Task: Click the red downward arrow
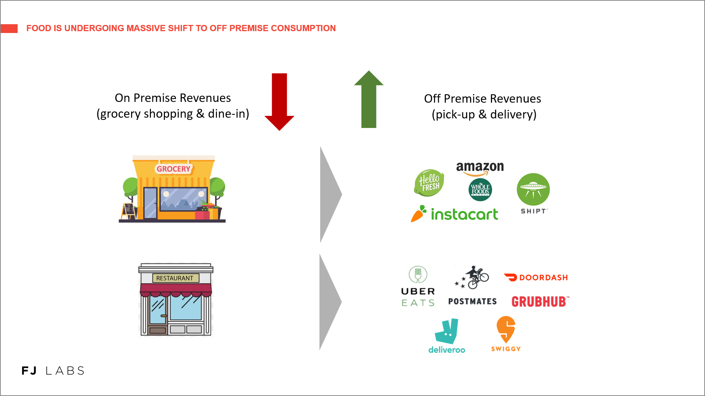pyautogui.click(x=279, y=102)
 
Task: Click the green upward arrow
pyautogui.click(x=369, y=99)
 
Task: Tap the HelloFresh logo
pyautogui.click(x=429, y=183)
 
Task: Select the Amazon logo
pyautogui.click(x=480, y=169)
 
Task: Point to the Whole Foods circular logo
pyautogui.click(x=480, y=190)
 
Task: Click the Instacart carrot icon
pyautogui.click(x=419, y=213)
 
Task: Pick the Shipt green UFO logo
pyautogui.click(x=533, y=189)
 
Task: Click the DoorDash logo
pyautogui.click(x=536, y=278)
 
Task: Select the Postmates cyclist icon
pyautogui.click(x=472, y=277)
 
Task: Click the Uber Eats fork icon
pyautogui.click(x=418, y=274)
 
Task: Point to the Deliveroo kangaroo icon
pyautogui.click(x=446, y=331)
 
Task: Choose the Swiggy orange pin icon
pyautogui.click(x=506, y=329)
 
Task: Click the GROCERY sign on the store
pyautogui.click(x=174, y=169)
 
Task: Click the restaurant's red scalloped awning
pyautogui.click(x=176, y=290)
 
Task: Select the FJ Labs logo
pyautogui.click(x=53, y=371)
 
